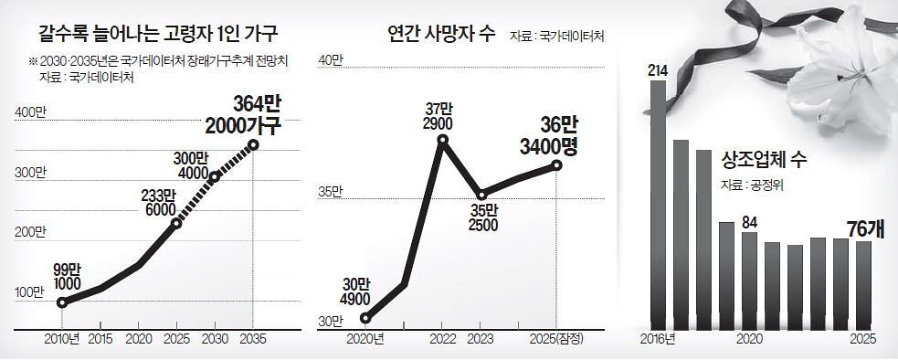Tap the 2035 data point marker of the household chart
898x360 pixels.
253,144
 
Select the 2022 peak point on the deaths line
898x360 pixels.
442,141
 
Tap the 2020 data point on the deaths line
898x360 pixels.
364,318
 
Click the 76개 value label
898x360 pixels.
863,228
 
